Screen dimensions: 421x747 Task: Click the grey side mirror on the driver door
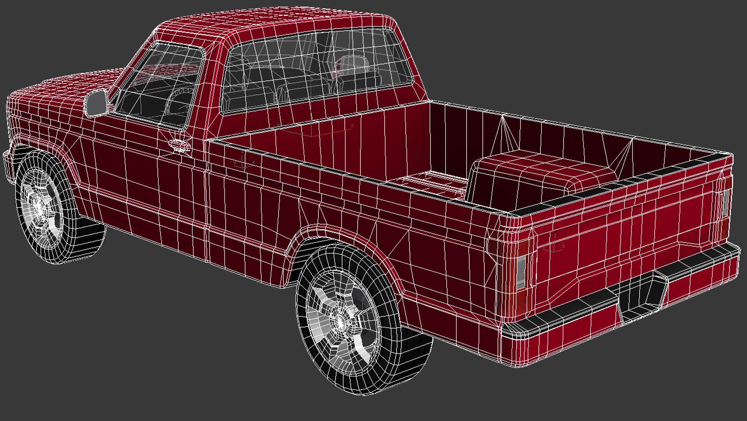[x=96, y=103]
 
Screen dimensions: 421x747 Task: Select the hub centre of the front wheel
[x=39, y=205]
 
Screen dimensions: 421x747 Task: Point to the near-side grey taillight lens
[x=521, y=272]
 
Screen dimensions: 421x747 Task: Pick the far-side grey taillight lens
[x=725, y=203]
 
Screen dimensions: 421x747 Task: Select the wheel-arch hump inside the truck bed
[x=538, y=172]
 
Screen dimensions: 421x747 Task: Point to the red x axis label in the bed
[x=352, y=126]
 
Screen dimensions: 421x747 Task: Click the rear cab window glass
[x=316, y=70]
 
